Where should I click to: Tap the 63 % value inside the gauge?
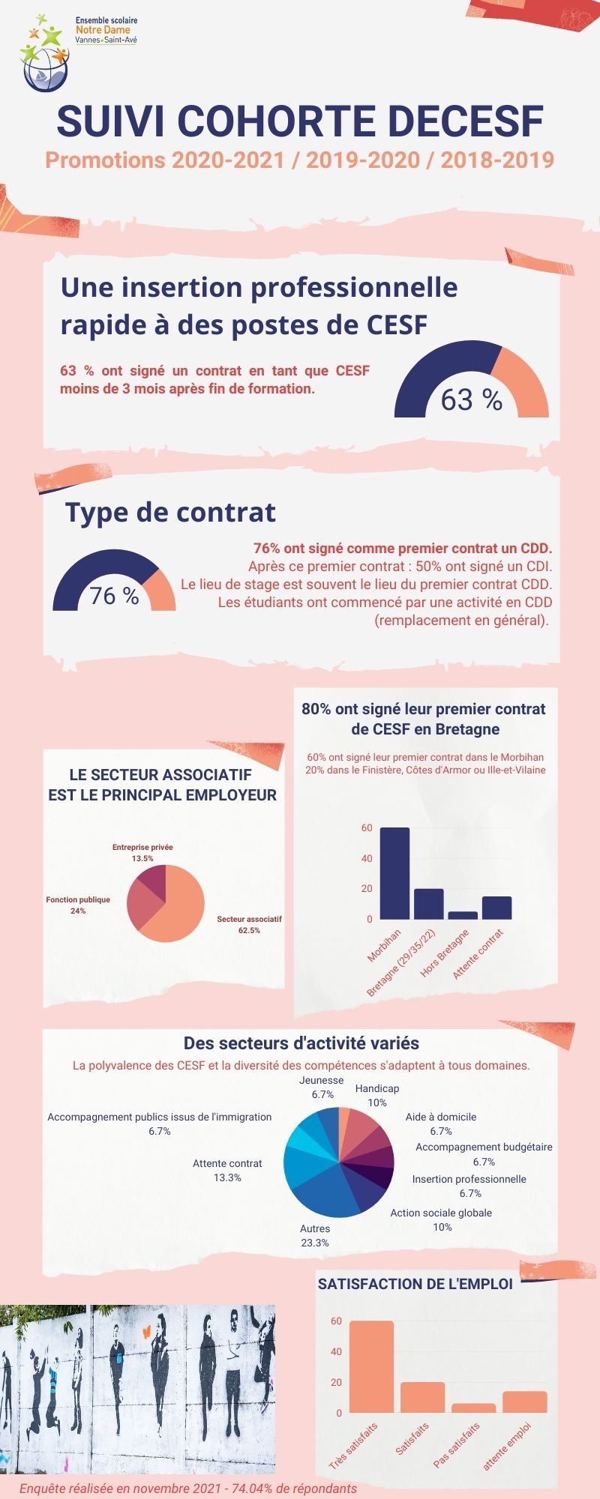coord(471,400)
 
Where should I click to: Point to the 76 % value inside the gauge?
coord(114,596)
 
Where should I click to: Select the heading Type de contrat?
coord(170,513)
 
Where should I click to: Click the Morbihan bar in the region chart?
coord(394,873)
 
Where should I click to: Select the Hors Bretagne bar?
coord(463,915)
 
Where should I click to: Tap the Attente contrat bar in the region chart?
coord(496,908)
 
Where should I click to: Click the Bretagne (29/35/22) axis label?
coord(402,963)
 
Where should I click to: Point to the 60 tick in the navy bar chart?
coord(367,828)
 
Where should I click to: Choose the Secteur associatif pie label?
coord(249,924)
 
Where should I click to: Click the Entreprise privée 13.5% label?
coord(142,853)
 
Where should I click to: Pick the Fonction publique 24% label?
coord(78,905)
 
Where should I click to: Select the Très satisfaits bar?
coord(371,1366)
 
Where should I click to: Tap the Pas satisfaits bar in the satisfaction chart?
coord(473,1408)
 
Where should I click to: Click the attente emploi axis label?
coord(507,1447)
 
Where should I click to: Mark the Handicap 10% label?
coord(377,1095)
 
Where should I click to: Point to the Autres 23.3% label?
coord(315,1235)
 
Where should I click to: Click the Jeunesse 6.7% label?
coord(322,1087)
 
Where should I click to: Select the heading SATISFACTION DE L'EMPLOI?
coord(415,1284)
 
